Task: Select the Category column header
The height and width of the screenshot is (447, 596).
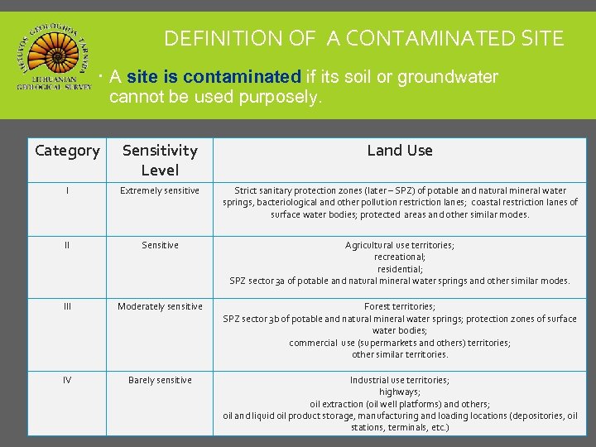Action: [67, 151]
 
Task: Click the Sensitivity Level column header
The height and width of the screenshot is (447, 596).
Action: [160, 160]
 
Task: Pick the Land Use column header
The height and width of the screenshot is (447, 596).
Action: [400, 150]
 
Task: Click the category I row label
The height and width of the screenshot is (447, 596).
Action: [67, 190]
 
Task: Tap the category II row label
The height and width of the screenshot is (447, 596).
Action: [67, 245]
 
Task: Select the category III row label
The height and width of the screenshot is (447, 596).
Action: [67, 306]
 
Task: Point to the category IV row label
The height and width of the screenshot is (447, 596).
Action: [67, 380]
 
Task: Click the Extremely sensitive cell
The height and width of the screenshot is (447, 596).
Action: [160, 190]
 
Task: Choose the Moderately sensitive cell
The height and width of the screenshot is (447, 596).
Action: [160, 306]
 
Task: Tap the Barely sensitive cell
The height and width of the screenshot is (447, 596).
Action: [160, 380]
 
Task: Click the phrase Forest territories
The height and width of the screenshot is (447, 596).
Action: [399, 306]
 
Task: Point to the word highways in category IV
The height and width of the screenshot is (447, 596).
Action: [399, 392]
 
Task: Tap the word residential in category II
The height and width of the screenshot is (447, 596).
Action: [399, 269]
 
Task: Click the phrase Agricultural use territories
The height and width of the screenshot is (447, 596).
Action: [399, 245]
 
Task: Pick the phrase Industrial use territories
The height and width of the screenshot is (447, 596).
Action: [399, 380]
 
